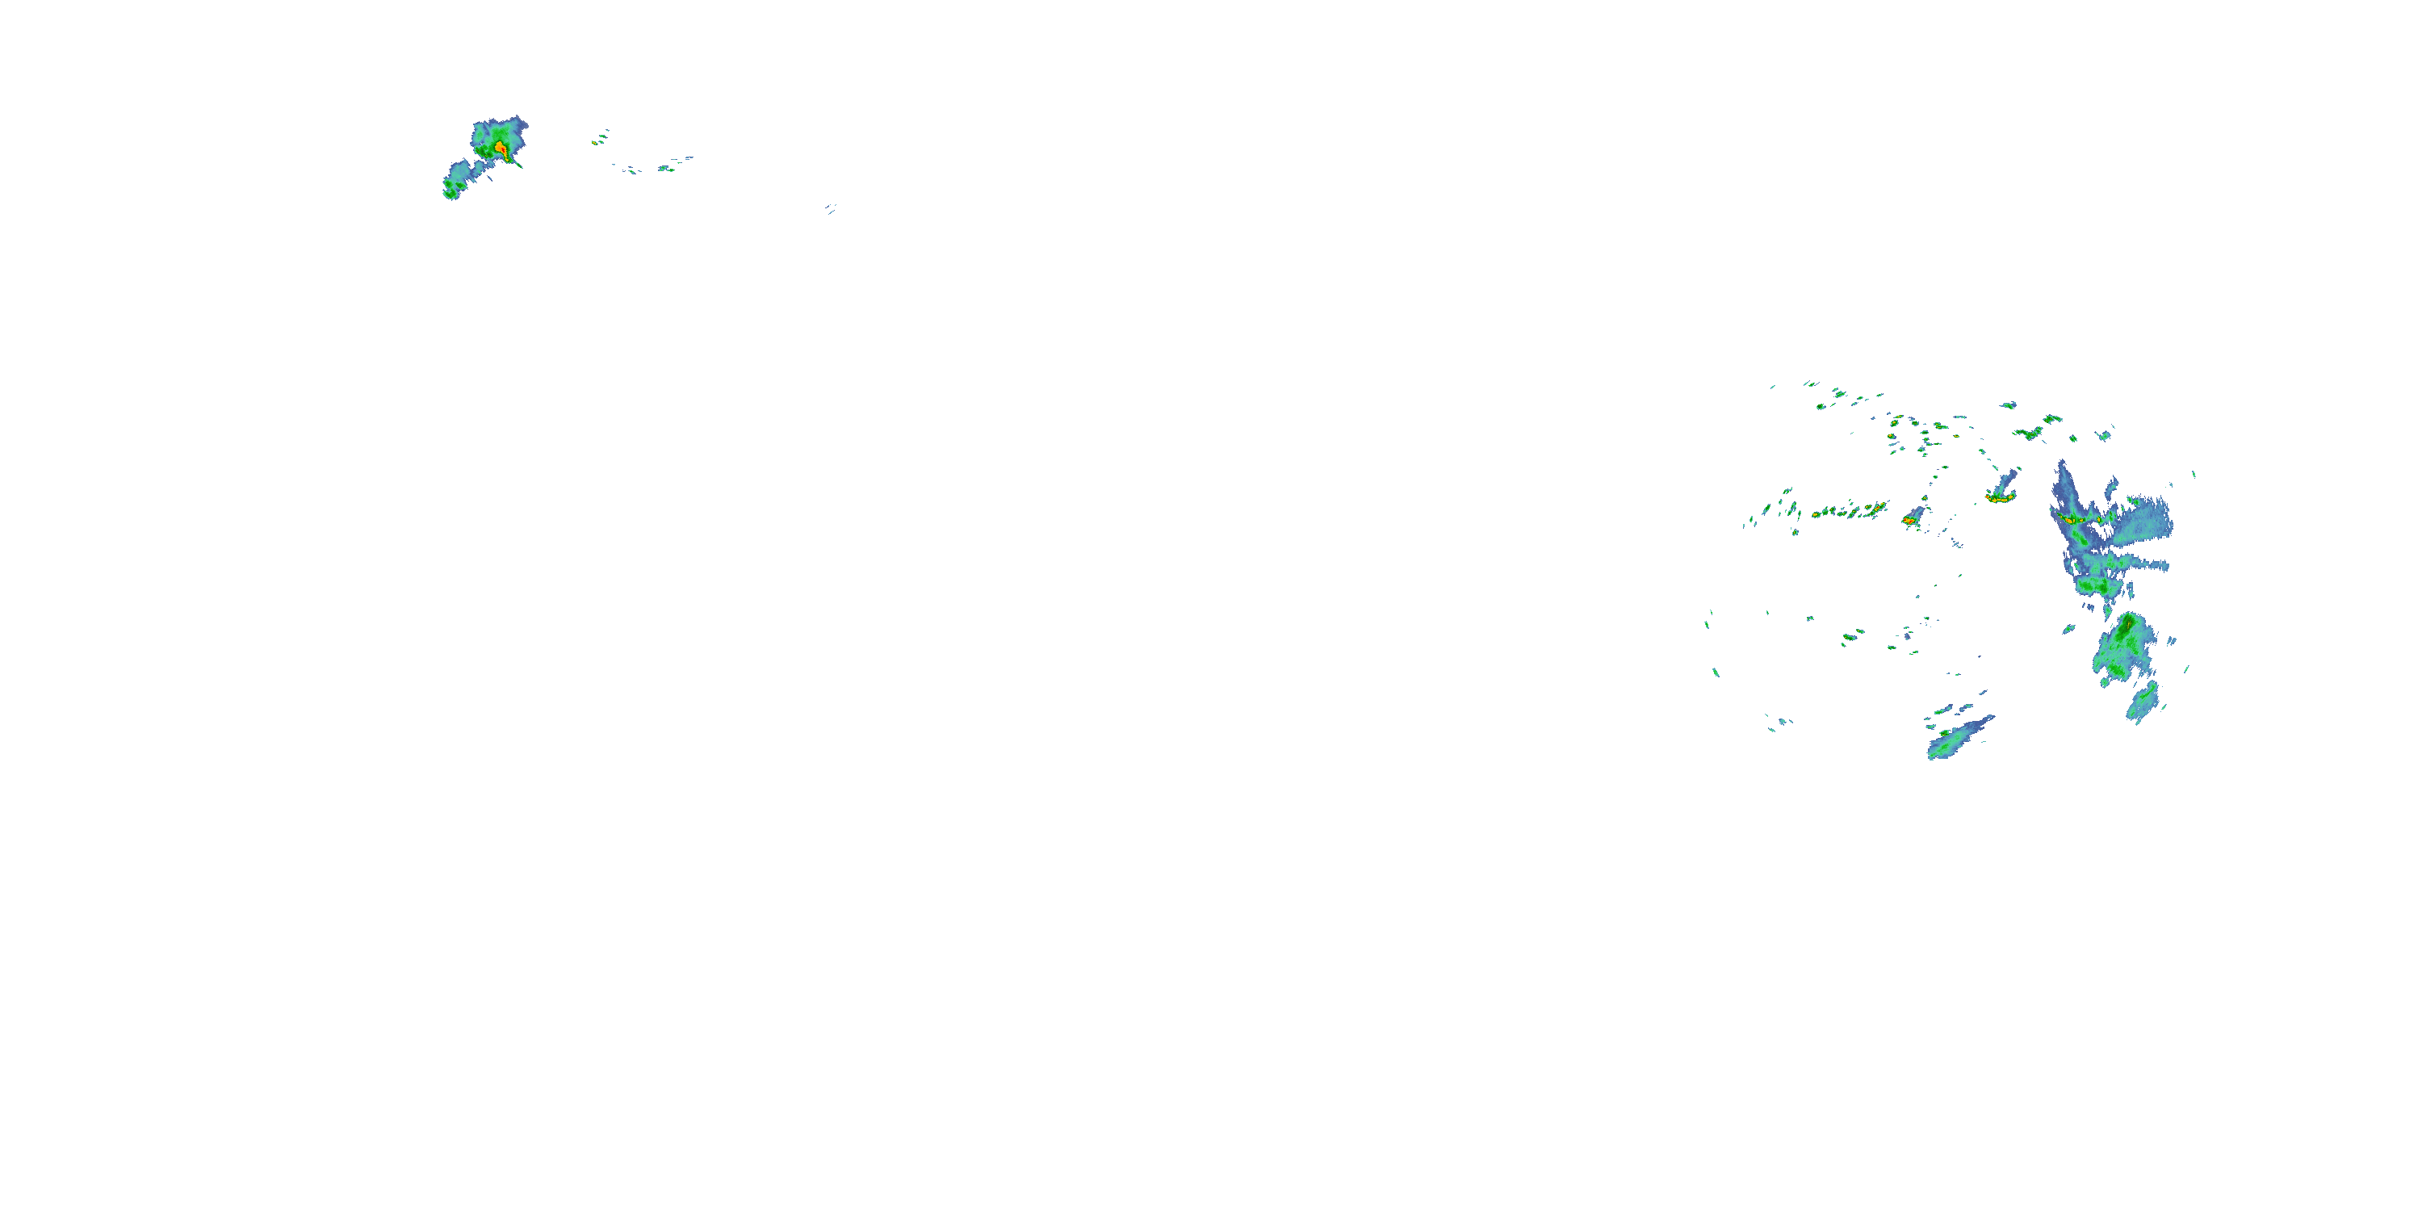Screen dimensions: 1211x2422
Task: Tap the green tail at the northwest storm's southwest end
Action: point(452,186)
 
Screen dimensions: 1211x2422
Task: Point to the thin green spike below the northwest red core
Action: point(514,162)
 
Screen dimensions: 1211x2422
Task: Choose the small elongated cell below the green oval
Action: point(2143,702)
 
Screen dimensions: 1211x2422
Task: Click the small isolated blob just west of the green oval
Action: point(2068,628)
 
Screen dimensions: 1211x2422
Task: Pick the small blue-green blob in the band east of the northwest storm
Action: point(664,168)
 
